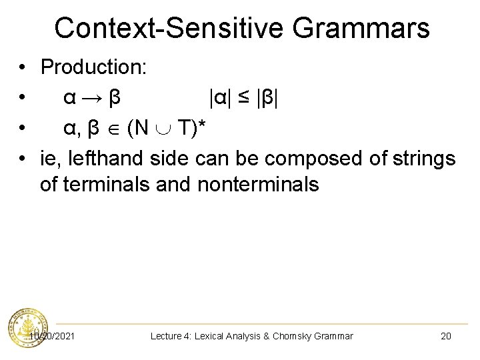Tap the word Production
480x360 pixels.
(93, 67)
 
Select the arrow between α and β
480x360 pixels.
(93, 98)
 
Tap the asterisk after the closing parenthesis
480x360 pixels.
(209, 125)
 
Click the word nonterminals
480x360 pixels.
(258, 184)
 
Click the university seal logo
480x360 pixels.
(27, 329)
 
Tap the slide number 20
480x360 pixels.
(446, 336)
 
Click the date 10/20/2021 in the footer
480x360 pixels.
(53, 336)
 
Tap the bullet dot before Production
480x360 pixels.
(23, 67)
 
